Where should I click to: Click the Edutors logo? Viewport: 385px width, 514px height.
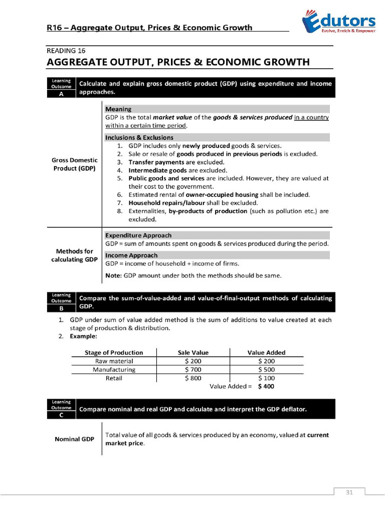tap(338, 23)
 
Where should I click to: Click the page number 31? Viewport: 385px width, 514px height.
tap(349, 492)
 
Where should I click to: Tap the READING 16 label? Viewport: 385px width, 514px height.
tap(66, 51)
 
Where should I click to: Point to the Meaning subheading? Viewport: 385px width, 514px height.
tap(118, 109)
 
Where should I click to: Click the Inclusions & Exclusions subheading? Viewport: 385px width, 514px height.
tap(139, 137)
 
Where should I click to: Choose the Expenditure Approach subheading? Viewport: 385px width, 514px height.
tap(138, 235)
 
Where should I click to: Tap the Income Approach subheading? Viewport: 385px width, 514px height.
tap(131, 255)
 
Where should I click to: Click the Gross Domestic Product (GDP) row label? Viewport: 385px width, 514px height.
tap(74, 164)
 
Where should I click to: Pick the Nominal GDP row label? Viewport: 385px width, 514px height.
tap(74, 439)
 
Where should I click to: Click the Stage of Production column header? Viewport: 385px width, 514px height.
tap(114, 352)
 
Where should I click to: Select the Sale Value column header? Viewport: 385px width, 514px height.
tap(193, 352)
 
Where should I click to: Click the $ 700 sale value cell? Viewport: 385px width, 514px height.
tap(193, 369)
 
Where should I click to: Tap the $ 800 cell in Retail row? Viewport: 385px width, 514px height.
tap(193, 378)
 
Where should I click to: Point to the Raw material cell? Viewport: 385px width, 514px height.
tap(114, 361)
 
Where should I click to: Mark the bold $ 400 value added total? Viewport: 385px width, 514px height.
tap(266, 387)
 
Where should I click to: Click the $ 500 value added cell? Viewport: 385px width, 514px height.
tap(266, 369)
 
